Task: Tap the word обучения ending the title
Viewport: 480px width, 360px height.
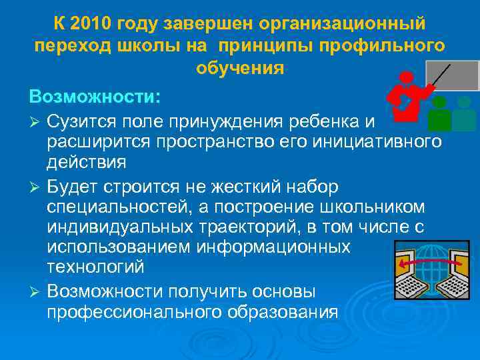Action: (240, 68)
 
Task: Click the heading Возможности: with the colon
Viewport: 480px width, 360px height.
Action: (95, 97)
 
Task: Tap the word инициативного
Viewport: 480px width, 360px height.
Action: (373, 141)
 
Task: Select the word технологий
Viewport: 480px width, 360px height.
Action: (95, 267)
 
